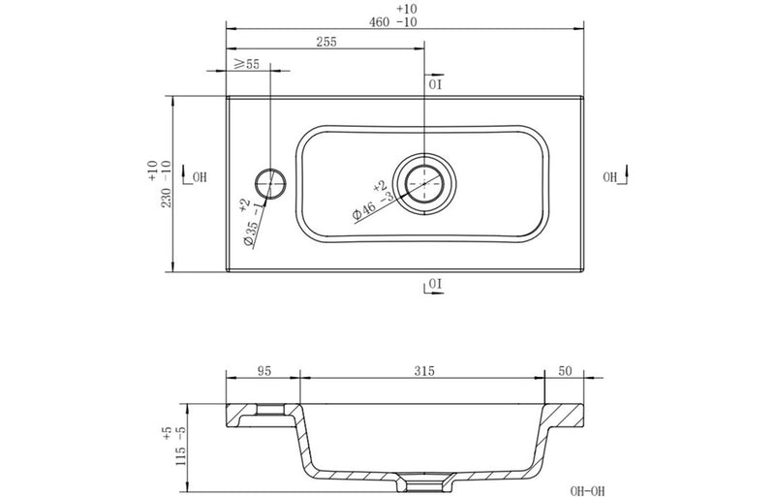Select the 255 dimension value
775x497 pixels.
click(326, 42)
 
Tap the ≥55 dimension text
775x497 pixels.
click(247, 64)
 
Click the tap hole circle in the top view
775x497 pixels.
click(271, 181)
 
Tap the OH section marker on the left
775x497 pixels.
click(197, 176)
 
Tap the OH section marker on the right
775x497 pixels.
click(613, 176)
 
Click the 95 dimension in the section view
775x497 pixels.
click(262, 371)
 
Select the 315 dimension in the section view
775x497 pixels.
click(423, 371)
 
